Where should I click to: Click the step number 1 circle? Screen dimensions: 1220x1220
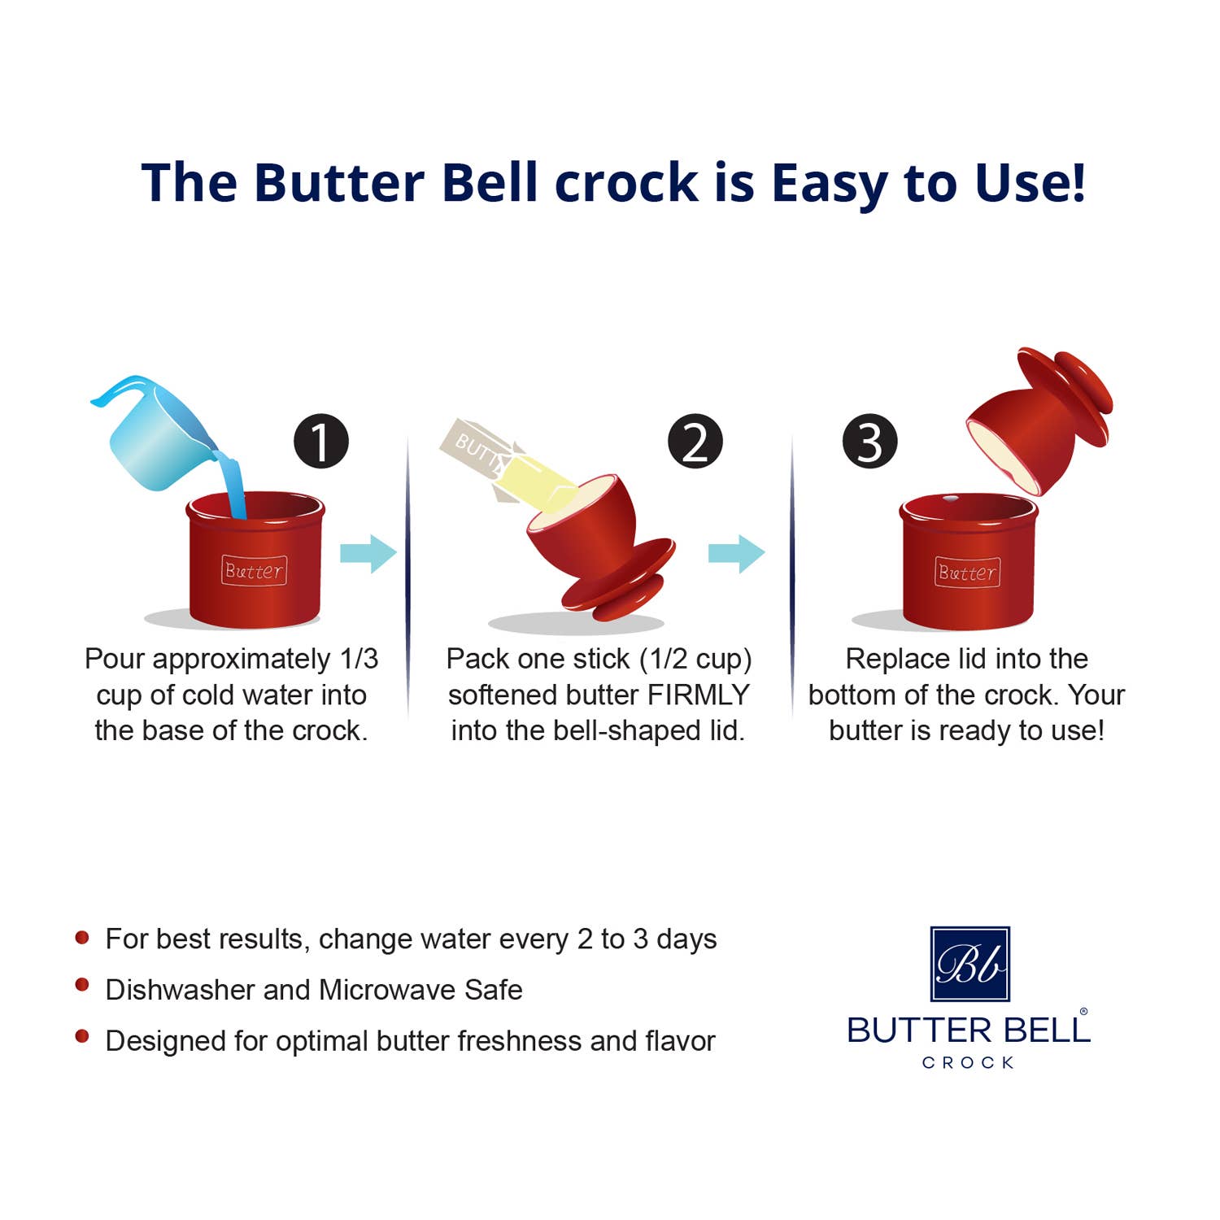321,442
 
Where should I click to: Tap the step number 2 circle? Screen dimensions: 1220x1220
695,442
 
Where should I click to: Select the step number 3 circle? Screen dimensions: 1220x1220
869,442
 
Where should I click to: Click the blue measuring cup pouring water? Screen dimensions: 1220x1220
155,435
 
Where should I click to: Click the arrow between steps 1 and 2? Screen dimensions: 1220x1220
368,554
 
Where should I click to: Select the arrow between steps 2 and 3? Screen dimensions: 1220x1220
736,554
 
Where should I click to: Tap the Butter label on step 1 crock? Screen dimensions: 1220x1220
254,571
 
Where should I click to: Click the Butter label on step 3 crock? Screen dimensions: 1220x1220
967,573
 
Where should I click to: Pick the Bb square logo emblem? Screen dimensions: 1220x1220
969,964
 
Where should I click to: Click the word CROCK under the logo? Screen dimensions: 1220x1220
968,1062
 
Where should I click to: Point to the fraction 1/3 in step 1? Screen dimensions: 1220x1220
359,659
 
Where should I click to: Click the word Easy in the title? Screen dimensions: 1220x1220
829,183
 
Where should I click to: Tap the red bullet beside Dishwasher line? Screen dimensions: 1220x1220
82,986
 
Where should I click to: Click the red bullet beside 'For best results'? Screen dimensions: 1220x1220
82,937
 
